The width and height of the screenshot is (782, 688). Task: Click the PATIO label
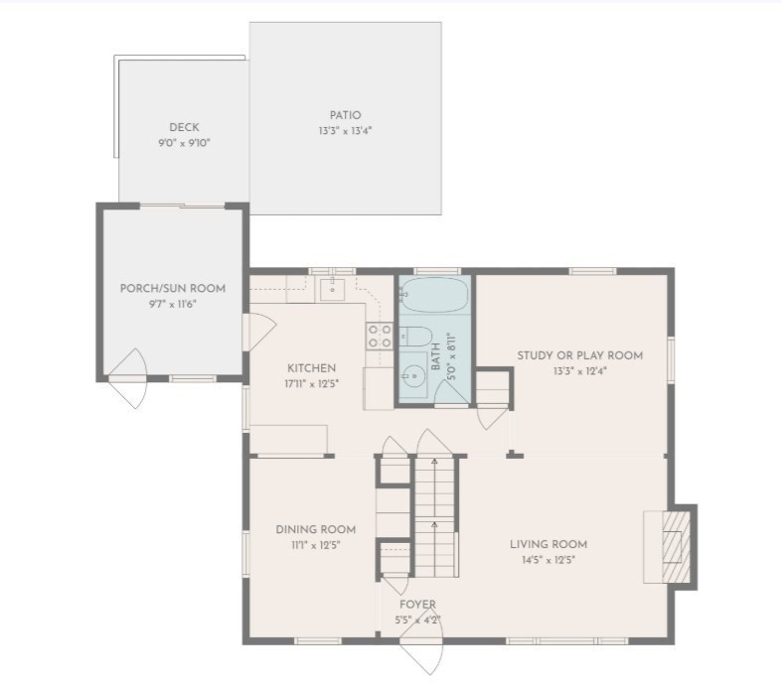[x=345, y=115]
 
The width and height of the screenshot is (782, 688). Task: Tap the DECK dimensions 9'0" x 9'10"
[x=184, y=143]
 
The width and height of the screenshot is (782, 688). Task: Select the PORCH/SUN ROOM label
[x=172, y=288]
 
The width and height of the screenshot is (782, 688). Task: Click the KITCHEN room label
[x=311, y=367]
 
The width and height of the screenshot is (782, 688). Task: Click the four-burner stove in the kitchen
[x=379, y=336]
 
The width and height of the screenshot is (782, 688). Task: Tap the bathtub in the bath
[x=435, y=295]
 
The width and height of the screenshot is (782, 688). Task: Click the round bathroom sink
[x=413, y=377]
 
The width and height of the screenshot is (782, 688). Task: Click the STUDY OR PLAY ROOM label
[x=579, y=355]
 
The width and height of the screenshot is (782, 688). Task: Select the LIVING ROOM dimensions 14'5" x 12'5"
[x=547, y=560]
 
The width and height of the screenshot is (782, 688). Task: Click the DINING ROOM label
[x=315, y=529]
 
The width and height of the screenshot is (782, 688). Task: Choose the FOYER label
[x=417, y=605]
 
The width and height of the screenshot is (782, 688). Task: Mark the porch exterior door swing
[x=129, y=382]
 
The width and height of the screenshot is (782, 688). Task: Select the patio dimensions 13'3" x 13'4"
[x=345, y=131]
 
